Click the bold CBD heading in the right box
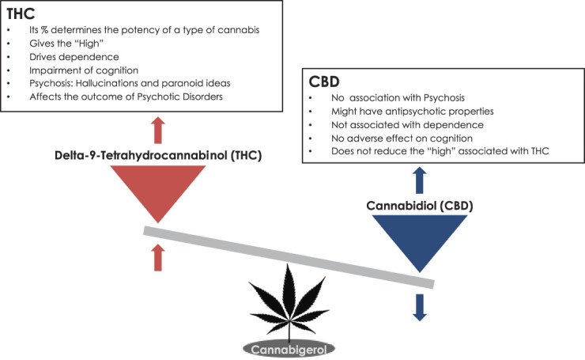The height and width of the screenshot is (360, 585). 326,81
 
